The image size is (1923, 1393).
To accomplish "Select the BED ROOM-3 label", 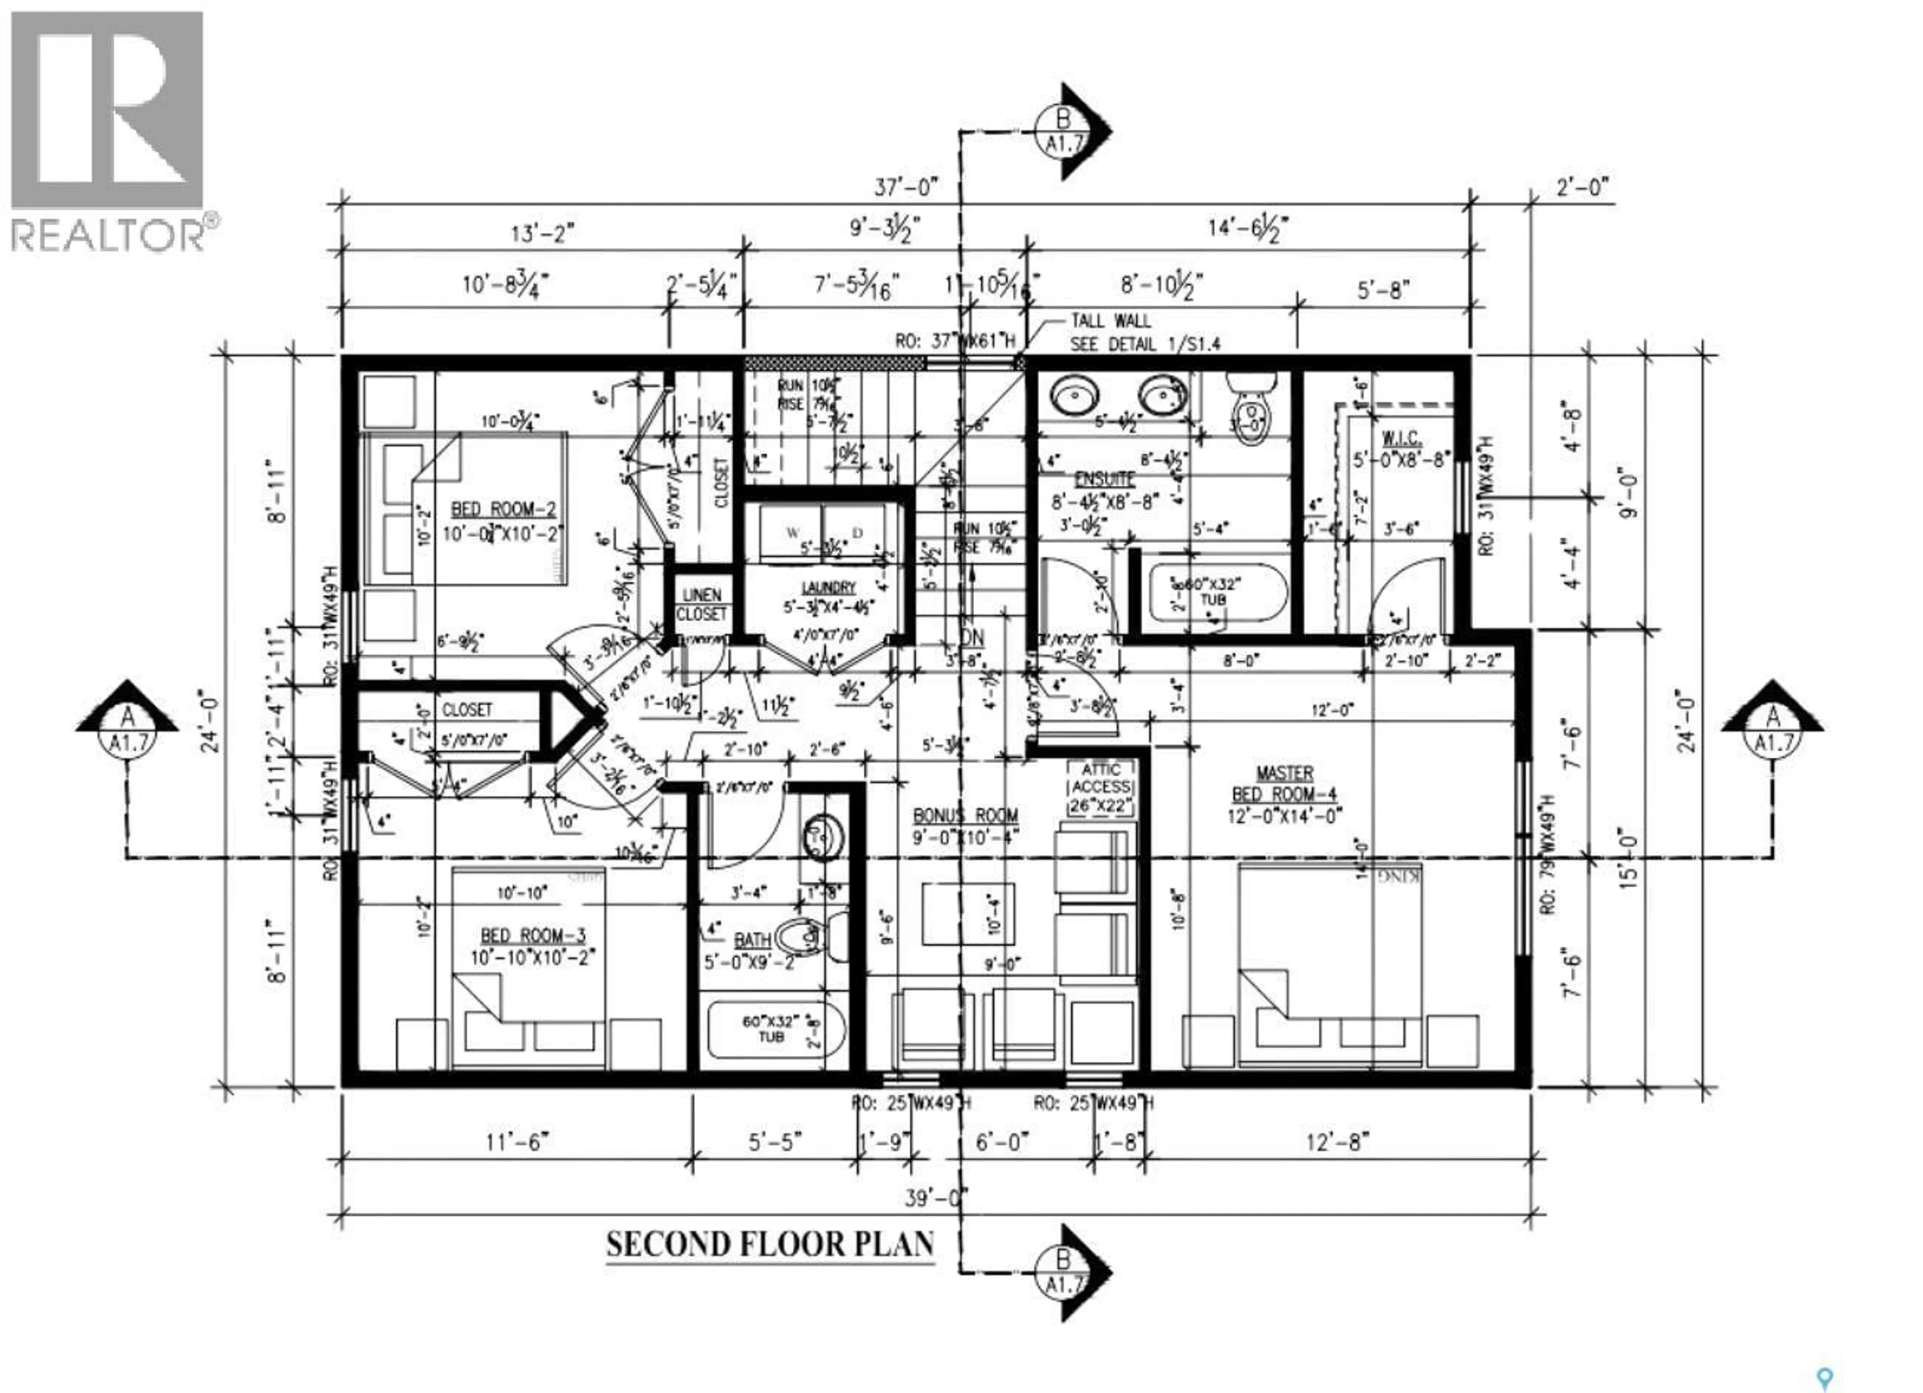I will pos(532,936).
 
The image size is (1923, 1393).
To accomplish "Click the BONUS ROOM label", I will pos(965,815).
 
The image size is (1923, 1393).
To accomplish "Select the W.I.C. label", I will pos(1401,438).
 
